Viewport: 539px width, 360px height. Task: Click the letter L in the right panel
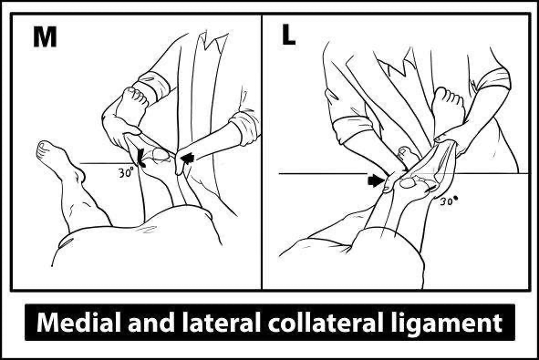click(x=288, y=36)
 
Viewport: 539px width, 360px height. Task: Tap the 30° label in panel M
click(x=127, y=170)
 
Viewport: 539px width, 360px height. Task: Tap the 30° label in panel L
click(x=449, y=202)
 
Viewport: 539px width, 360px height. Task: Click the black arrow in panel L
click(x=374, y=180)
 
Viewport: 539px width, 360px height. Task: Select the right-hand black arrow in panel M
click(x=189, y=160)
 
